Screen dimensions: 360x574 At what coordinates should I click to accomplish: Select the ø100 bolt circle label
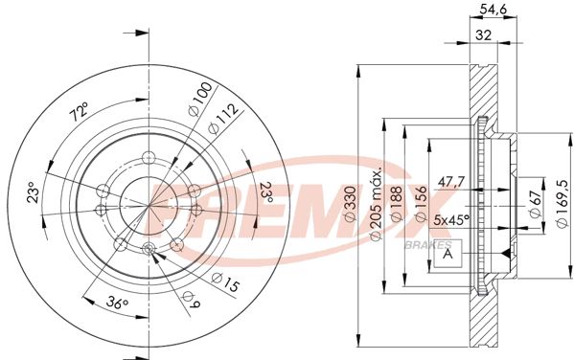click(198, 99)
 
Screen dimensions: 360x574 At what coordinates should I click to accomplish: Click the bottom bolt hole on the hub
click(148, 249)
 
